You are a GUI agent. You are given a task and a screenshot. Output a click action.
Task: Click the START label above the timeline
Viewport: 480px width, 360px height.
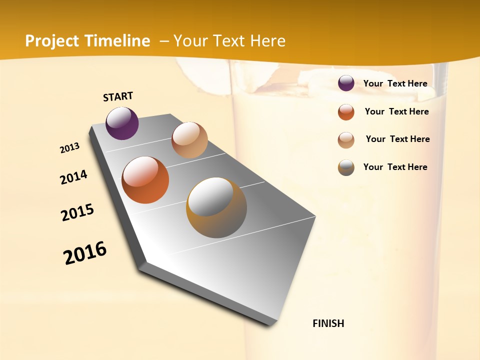[118, 96]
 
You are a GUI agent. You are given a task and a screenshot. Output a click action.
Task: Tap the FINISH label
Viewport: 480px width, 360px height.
[328, 323]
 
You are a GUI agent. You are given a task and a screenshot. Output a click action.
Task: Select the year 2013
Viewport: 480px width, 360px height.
[70, 148]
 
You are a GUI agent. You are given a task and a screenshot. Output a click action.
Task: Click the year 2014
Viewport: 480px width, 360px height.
[74, 177]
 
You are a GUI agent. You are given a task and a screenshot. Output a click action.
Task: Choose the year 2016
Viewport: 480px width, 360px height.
[85, 253]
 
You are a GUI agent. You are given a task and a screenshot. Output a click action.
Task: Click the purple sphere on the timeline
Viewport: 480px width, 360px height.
[122, 123]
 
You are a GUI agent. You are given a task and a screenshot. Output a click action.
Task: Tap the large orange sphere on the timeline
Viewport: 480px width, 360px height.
[145, 180]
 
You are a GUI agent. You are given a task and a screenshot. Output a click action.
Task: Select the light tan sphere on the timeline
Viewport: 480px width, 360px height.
[189, 140]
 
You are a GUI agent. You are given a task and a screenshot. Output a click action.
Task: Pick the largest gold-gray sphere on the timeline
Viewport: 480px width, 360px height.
[216, 207]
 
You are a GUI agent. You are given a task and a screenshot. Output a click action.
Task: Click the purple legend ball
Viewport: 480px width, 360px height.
[346, 83]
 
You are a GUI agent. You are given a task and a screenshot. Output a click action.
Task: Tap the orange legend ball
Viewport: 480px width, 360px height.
[346, 112]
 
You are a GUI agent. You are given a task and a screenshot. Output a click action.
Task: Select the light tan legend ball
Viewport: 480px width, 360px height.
[346, 140]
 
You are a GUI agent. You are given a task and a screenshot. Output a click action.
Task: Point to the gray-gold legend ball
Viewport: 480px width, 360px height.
[346, 167]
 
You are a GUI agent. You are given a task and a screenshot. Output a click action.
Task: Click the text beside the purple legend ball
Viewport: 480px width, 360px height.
[395, 83]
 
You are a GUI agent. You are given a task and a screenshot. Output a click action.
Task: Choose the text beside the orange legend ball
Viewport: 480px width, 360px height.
[396, 111]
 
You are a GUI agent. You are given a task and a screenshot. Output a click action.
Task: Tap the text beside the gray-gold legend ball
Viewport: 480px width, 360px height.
[395, 167]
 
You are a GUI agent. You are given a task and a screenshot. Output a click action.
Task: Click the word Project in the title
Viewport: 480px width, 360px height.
[51, 41]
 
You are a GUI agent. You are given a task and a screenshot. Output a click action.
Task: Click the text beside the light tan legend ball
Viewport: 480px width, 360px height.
[397, 139]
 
